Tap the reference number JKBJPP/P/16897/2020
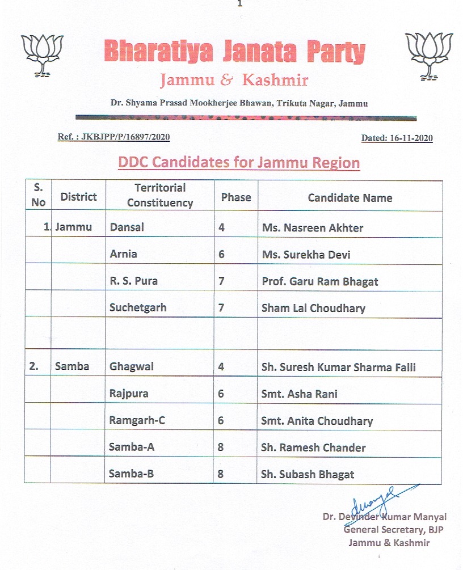tap(114, 137)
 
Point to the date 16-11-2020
tap(397, 138)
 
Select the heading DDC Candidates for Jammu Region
tap(239, 163)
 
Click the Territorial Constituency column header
tap(160, 195)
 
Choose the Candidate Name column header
tap(350, 197)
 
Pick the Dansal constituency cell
tap(127, 227)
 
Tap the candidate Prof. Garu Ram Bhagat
tap(320, 281)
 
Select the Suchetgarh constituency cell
tap(138, 308)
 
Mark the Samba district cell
tap(72, 366)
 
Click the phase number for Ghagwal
tap(221, 366)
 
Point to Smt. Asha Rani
tap(299, 394)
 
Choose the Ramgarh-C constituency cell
tap(137, 420)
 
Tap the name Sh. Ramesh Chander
tap(313, 447)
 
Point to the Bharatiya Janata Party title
tap(234, 53)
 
